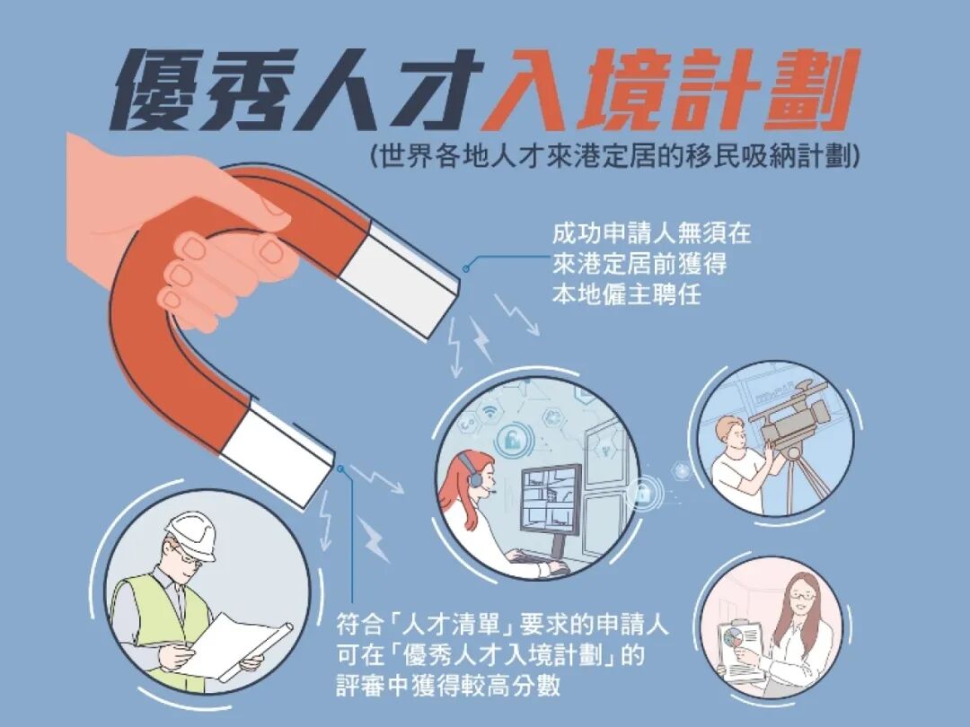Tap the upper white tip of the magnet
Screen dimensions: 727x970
coord(404,274)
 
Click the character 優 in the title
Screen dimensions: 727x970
coord(167,90)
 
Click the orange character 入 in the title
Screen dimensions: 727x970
coord(522,90)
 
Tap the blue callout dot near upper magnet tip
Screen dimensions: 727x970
coord(466,267)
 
